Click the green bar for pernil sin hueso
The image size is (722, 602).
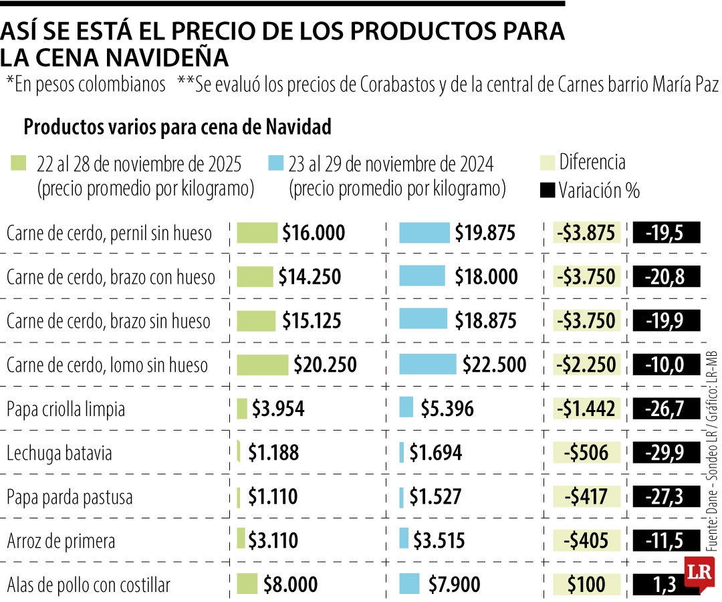(x=257, y=233)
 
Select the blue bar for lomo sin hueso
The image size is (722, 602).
(x=428, y=365)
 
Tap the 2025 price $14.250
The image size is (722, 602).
(x=310, y=277)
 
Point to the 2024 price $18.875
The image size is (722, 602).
(x=485, y=321)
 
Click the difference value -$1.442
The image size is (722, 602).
(x=586, y=409)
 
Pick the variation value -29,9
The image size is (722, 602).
(x=665, y=453)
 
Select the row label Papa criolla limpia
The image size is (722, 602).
(x=66, y=409)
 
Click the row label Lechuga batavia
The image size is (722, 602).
(x=59, y=453)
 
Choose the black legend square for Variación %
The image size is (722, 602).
(x=547, y=191)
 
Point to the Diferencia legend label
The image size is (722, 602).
(x=592, y=162)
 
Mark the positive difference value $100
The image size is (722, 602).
(x=586, y=585)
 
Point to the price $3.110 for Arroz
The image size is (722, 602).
(x=273, y=540)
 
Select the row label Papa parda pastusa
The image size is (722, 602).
(x=70, y=497)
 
